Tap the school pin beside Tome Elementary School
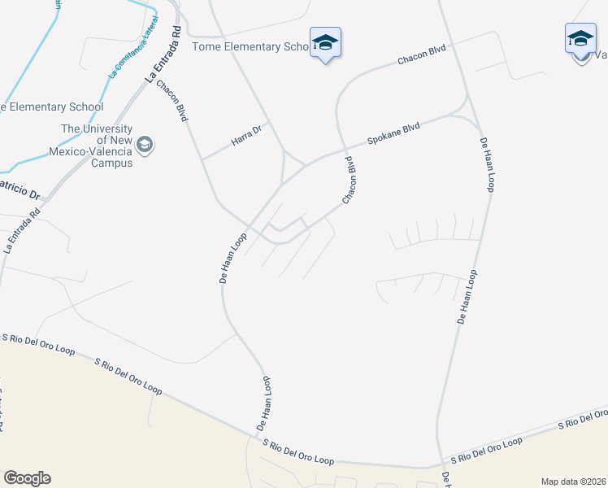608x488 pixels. (325, 44)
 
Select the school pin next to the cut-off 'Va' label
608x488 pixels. (580, 41)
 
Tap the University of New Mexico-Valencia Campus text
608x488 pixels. (97, 146)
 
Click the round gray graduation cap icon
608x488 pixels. (145, 146)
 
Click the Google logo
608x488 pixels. (27, 478)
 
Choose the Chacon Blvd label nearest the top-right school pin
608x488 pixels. (422, 55)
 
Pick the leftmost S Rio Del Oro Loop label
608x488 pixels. (38, 345)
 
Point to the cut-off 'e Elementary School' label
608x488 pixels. (52, 107)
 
